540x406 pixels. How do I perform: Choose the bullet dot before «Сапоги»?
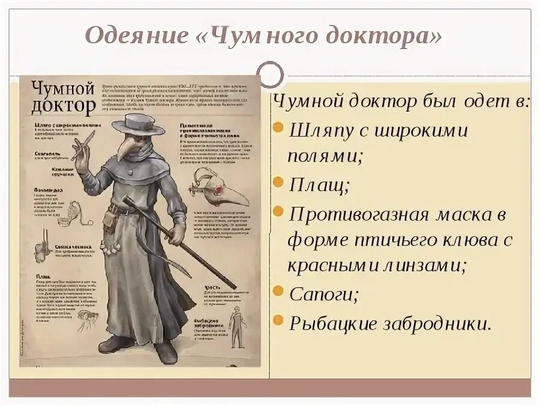click(278, 293)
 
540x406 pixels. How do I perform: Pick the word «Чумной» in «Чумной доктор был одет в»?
click(308, 101)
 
